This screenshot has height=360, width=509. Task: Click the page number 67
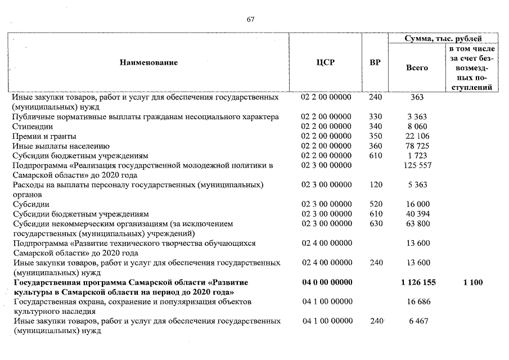[x=250, y=20]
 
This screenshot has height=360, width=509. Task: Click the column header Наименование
[x=148, y=62]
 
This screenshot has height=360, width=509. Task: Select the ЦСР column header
[x=326, y=62]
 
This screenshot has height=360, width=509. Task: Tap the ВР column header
[x=375, y=62]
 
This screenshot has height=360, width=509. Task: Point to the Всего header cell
[x=417, y=67]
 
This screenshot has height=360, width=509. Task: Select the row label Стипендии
[x=33, y=127]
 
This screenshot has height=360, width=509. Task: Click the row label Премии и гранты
[x=44, y=137]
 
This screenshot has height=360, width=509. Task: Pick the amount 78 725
[x=417, y=146]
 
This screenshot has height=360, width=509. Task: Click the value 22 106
[x=417, y=137]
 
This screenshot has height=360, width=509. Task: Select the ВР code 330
[x=375, y=117]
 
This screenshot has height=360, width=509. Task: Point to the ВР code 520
[x=375, y=204]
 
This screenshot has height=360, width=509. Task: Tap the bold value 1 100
[x=472, y=282]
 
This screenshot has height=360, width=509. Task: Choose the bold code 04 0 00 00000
[x=326, y=282]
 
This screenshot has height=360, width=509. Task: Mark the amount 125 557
[x=417, y=165]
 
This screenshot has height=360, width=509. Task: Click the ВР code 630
[x=375, y=224]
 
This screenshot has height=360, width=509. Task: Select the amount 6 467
[x=417, y=321]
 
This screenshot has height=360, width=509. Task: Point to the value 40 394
[x=417, y=214]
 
